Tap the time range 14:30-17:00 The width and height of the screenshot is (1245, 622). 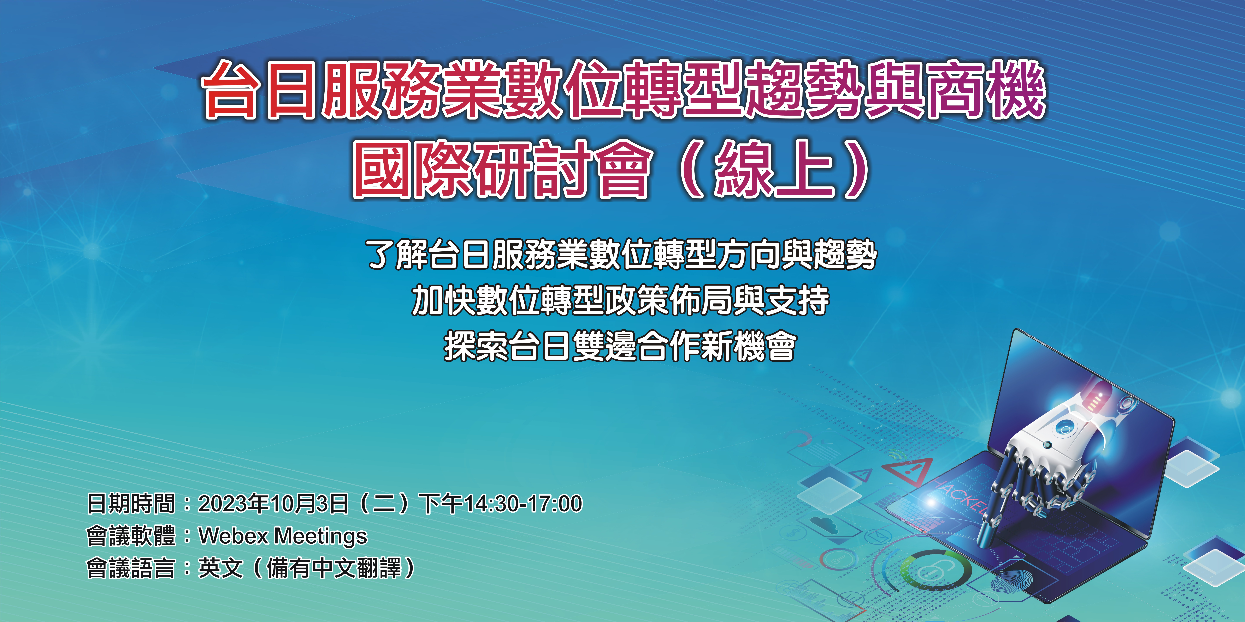coord(523,504)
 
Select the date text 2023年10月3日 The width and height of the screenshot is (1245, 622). coord(273,504)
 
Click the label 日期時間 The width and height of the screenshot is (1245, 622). coord(130,504)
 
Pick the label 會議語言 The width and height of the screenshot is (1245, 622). coord(130,568)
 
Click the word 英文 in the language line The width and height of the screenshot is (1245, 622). coord(220,568)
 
